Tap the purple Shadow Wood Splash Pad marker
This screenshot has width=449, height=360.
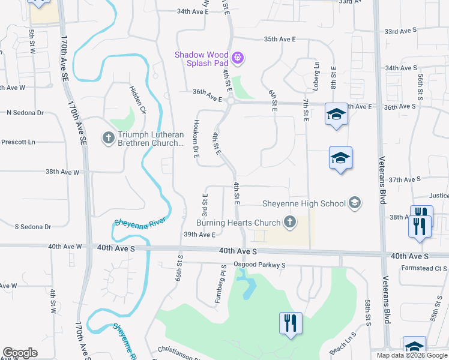point(238,58)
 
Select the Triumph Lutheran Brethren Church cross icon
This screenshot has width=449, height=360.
point(108,139)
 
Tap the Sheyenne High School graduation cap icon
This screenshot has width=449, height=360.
point(355,203)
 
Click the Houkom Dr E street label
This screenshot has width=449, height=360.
point(196,139)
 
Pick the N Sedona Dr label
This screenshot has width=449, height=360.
point(26,112)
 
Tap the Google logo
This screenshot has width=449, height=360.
point(20,352)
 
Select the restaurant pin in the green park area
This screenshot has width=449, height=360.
point(291,323)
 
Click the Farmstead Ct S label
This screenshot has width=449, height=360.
point(424,268)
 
